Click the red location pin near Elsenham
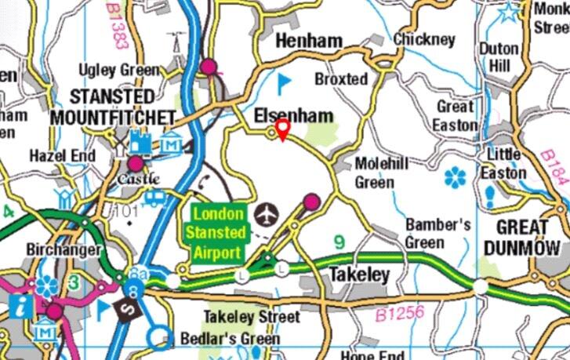click(x=282, y=129)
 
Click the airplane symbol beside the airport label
click(x=267, y=213)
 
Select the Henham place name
click(x=309, y=41)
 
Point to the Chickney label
click(x=424, y=38)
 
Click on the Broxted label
click(x=341, y=79)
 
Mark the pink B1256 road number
click(x=399, y=314)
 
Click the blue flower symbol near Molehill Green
click(x=455, y=178)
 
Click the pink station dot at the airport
click(x=311, y=202)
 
